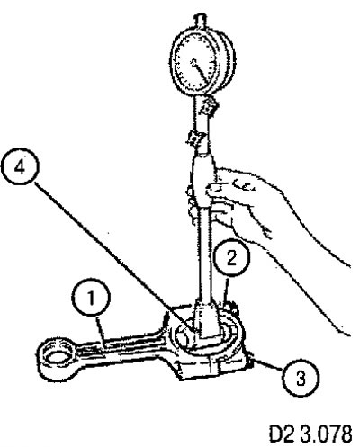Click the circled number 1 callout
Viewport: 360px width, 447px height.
click(x=91, y=298)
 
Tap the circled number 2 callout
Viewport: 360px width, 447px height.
click(x=231, y=257)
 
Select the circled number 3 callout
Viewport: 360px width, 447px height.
click(x=301, y=378)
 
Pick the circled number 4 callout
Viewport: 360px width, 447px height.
click(x=20, y=168)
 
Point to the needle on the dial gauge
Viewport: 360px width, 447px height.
click(x=200, y=71)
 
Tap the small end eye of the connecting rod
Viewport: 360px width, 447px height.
click(x=56, y=354)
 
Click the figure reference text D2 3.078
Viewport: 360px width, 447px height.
click(x=310, y=433)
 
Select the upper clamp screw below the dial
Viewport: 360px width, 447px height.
click(x=209, y=106)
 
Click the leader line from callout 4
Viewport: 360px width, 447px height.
click(x=112, y=256)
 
